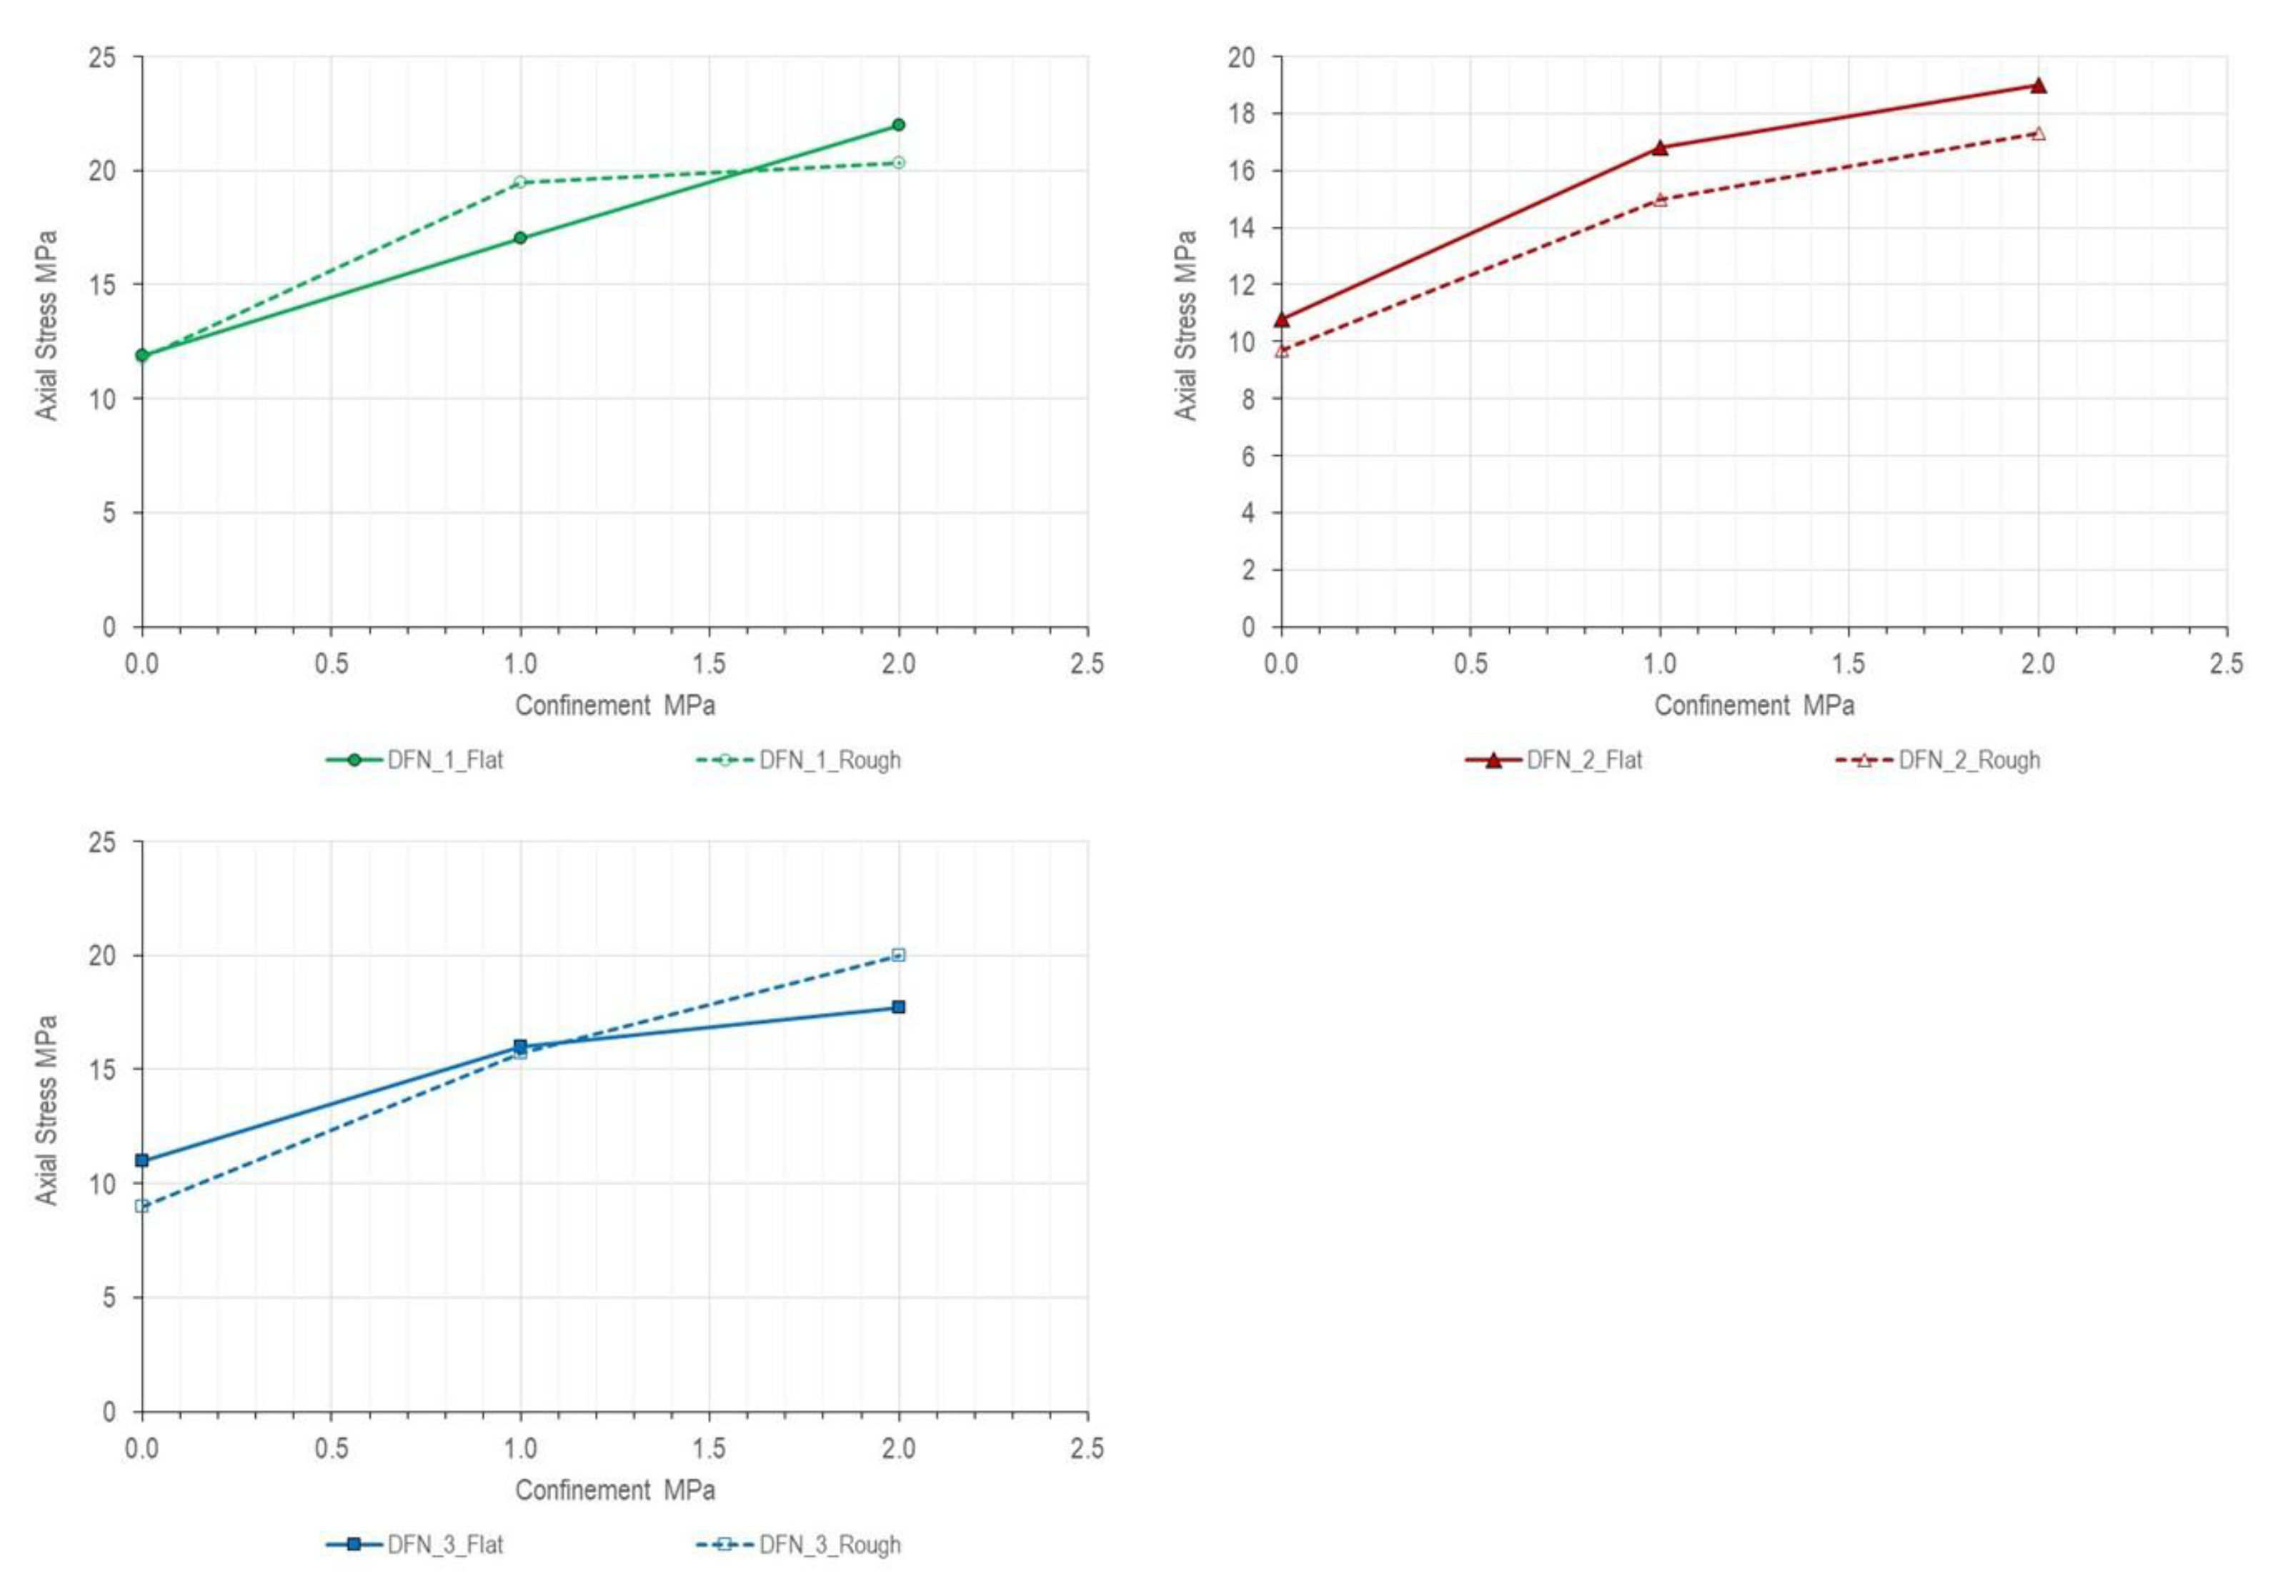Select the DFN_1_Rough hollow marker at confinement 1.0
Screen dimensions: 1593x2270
tap(520, 182)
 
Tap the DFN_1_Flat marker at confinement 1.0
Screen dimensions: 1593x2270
tap(520, 238)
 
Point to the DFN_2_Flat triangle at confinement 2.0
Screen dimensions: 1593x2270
tap(2038, 86)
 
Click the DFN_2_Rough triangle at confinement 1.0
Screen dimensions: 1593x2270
tap(1660, 199)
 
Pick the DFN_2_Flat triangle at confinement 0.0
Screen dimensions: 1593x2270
tap(1281, 319)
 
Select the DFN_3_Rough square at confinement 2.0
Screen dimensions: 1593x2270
tap(897, 954)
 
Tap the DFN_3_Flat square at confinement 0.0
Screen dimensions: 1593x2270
tap(141, 1160)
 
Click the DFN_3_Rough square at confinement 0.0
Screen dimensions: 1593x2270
tap(141, 1206)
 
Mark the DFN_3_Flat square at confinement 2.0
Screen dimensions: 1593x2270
tap(897, 1007)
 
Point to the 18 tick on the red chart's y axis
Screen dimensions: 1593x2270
tap(1241, 114)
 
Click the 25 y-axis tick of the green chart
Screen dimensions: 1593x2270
tap(103, 57)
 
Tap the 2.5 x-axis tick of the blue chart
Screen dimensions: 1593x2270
tap(1087, 1449)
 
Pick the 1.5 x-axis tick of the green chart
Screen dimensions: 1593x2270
tap(709, 664)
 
